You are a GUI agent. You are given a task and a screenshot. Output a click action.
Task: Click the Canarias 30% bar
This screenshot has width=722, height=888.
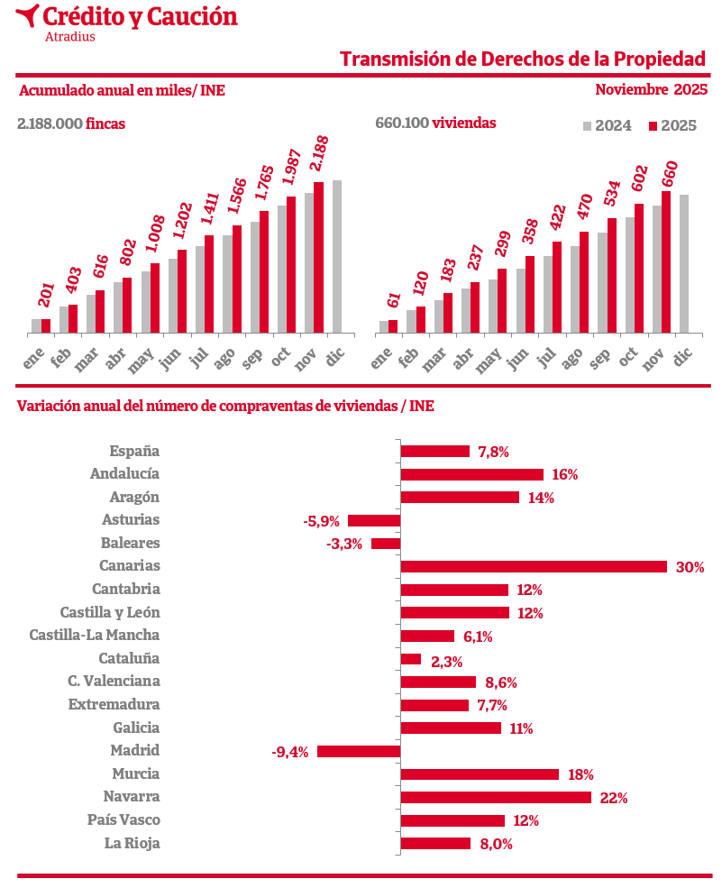534,566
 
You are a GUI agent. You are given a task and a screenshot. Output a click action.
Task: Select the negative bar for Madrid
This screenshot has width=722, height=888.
359,751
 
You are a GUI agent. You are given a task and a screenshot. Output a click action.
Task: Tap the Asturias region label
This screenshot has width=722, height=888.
131,519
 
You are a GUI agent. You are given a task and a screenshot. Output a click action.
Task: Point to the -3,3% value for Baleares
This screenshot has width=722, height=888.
344,544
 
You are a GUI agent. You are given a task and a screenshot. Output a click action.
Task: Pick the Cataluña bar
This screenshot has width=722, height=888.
411,659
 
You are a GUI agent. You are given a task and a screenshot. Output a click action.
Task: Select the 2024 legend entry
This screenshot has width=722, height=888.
608,125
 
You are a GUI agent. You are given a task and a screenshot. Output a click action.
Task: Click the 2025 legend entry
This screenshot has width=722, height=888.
672,125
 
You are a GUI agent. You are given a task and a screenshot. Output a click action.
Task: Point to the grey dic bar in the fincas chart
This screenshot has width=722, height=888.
337,257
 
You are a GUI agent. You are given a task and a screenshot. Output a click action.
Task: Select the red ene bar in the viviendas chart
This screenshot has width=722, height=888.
393,326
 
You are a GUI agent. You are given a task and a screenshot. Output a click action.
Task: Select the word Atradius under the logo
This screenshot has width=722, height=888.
69,37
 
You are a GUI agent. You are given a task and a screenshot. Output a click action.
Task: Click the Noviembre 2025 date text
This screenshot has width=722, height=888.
651,89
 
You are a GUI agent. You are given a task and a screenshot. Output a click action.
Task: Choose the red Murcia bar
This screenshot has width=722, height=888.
480,774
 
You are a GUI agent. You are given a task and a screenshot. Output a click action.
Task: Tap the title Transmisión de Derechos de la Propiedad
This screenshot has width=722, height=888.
522,59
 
